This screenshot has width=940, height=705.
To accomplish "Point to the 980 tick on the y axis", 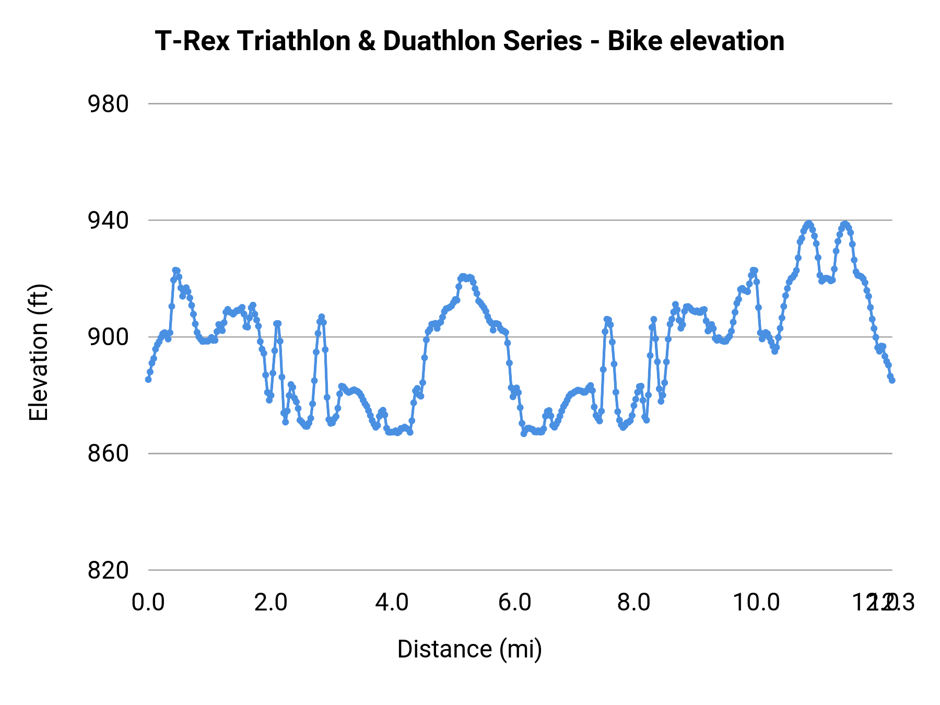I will pyautogui.click(x=108, y=104).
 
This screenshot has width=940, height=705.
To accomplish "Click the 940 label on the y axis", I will pyautogui.click(x=108, y=221).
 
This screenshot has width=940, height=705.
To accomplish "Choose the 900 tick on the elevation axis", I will pyautogui.click(x=108, y=337).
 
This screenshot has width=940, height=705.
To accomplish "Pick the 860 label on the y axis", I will pyautogui.click(x=108, y=454).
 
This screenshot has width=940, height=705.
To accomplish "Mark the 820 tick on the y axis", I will pyautogui.click(x=108, y=570).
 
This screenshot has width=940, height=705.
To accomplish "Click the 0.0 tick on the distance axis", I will pyautogui.click(x=148, y=603).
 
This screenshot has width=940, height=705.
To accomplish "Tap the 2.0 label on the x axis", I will pyautogui.click(x=271, y=603).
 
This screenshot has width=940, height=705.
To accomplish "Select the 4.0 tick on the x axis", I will pyautogui.click(x=392, y=603).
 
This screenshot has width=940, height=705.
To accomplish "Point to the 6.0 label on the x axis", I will pyautogui.click(x=514, y=603).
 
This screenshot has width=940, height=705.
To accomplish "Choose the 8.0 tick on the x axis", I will pyautogui.click(x=634, y=603).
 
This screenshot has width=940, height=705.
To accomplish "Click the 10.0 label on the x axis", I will pyautogui.click(x=756, y=603).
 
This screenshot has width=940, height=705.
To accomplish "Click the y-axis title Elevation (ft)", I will pyautogui.click(x=39, y=352).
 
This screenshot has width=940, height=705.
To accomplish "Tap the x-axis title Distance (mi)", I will pyautogui.click(x=469, y=649).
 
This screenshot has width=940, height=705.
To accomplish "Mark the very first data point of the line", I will pyautogui.click(x=148, y=380).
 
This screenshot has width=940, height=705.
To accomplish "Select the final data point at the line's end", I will pyautogui.click(x=892, y=380).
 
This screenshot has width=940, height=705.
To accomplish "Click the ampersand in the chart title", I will pyautogui.click(x=367, y=41).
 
